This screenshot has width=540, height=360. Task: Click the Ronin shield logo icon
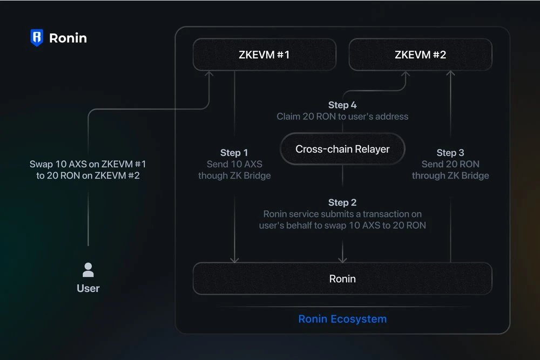(x=37, y=38)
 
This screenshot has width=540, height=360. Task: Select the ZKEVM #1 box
(x=264, y=55)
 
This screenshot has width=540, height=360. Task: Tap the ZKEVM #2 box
(x=420, y=55)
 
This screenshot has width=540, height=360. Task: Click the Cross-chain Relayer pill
(x=342, y=149)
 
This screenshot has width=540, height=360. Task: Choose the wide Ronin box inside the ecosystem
(x=342, y=279)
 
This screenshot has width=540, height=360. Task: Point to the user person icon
(x=88, y=269)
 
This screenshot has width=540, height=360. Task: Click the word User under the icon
(x=88, y=288)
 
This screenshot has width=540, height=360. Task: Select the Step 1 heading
(x=234, y=153)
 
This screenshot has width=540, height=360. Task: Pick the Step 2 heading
(x=342, y=202)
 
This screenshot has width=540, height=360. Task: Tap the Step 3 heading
(x=450, y=153)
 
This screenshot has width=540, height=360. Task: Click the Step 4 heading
(x=342, y=105)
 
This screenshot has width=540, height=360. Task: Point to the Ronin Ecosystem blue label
(x=342, y=319)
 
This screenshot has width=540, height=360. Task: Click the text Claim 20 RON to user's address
(x=342, y=117)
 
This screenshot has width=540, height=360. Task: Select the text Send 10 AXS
(x=234, y=164)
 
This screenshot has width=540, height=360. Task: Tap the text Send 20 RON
(x=450, y=164)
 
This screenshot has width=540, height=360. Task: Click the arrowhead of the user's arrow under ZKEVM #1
(x=209, y=74)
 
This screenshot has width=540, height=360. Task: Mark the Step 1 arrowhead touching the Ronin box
(x=234, y=260)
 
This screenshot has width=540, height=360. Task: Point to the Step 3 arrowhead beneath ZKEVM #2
(x=451, y=74)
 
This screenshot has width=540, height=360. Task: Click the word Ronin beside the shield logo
(x=68, y=38)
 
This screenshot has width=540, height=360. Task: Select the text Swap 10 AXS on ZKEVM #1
(x=88, y=164)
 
